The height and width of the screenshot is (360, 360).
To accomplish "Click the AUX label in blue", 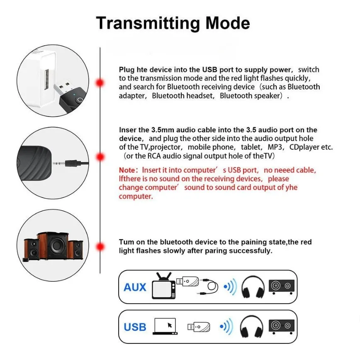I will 135,287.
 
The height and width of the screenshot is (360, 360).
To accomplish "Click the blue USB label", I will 135,327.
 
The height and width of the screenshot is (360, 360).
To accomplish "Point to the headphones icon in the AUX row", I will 252,287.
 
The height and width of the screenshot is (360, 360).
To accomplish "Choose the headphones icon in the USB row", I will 252,326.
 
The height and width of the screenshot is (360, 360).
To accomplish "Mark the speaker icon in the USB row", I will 282,326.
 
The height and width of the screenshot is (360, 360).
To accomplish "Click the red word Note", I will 127,170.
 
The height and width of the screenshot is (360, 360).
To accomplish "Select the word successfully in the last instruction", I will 251,251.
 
